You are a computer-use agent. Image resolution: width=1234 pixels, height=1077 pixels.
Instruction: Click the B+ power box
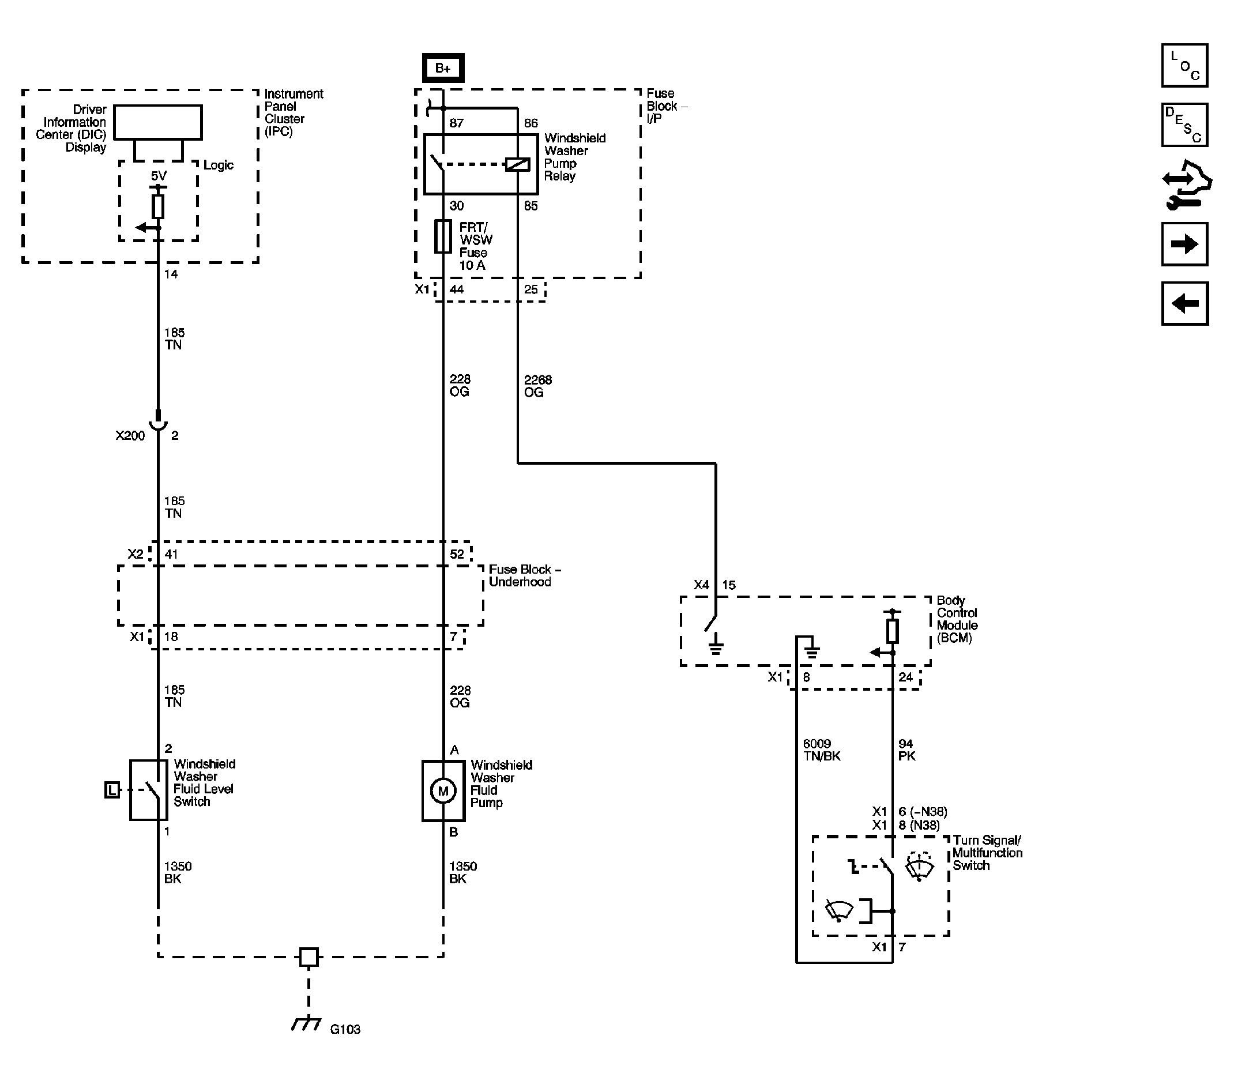click(x=443, y=68)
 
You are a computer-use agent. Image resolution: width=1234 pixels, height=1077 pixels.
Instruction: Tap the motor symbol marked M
click(x=443, y=791)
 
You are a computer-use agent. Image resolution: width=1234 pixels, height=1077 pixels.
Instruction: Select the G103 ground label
click(x=345, y=1029)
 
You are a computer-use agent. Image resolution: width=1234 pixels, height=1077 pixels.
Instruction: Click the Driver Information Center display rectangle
click(x=158, y=123)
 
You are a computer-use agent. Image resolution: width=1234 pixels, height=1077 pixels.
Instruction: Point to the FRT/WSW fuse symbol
click(x=443, y=236)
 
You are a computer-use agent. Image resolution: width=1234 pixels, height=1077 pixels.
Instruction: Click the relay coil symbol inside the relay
click(x=517, y=164)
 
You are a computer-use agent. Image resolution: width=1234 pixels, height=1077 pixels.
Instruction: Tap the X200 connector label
click(x=130, y=436)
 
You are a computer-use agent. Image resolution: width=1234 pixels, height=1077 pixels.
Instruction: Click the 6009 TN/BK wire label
click(x=822, y=750)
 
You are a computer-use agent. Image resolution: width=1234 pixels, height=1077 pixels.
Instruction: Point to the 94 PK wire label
click(x=907, y=750)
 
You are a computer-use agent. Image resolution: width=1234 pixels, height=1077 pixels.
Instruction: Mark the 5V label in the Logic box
click(x=159, y=175)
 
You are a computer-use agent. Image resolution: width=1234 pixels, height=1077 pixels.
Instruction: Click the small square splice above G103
click(x=309, y=957)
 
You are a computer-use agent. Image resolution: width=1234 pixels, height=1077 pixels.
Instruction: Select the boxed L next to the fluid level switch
click(x=112, y=790)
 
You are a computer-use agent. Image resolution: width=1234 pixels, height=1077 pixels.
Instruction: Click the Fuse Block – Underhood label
click(x=525, y=575)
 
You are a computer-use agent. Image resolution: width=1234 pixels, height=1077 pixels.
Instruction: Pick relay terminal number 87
click(x=456, y=123)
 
